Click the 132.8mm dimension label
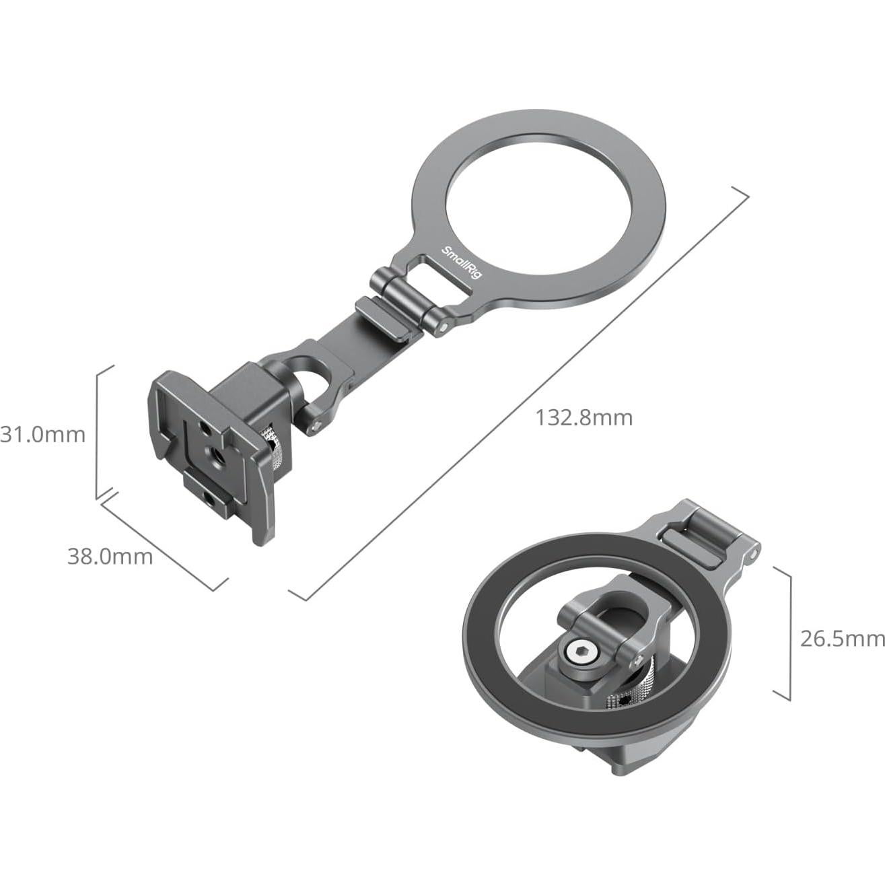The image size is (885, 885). (583, 418)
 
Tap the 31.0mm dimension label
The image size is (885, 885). (43, 434)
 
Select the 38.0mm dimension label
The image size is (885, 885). (110, 557)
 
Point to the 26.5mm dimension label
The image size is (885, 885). (842, 638)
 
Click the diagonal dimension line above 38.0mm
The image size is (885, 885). (165, 536)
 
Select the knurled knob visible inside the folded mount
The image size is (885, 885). (623, 693)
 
